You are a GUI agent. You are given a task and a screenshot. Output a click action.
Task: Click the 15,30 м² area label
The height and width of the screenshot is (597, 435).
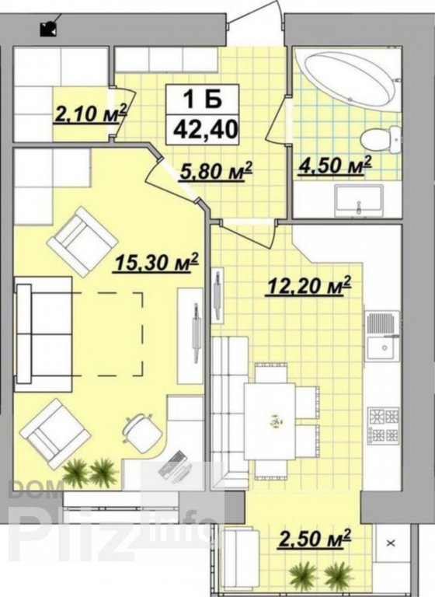click(x=155, y=262)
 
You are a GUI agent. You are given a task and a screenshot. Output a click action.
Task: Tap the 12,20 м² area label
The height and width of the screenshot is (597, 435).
click(x=308, y=286)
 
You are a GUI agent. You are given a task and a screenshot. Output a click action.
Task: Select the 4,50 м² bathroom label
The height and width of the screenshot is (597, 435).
click(x=334, y=166)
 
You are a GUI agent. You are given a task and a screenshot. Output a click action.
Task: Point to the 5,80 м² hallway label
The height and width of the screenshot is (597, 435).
click(x=216, y=172)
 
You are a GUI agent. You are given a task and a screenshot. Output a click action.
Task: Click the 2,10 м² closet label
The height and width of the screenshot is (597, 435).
click(x=91, y=113)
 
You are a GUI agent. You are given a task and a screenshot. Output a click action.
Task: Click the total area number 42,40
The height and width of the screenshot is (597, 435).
click(x=205, y=129)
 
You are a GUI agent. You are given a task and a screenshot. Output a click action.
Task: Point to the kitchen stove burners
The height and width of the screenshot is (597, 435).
click(x=384, y=426)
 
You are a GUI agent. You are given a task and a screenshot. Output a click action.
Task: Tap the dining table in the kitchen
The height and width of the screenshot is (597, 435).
click(x=270, y=421)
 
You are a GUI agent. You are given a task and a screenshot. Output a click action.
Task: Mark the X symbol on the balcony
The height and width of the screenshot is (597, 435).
click(x=391, y=543)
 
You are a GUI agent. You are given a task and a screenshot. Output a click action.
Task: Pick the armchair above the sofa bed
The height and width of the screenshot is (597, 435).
click(x=82, y=242)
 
